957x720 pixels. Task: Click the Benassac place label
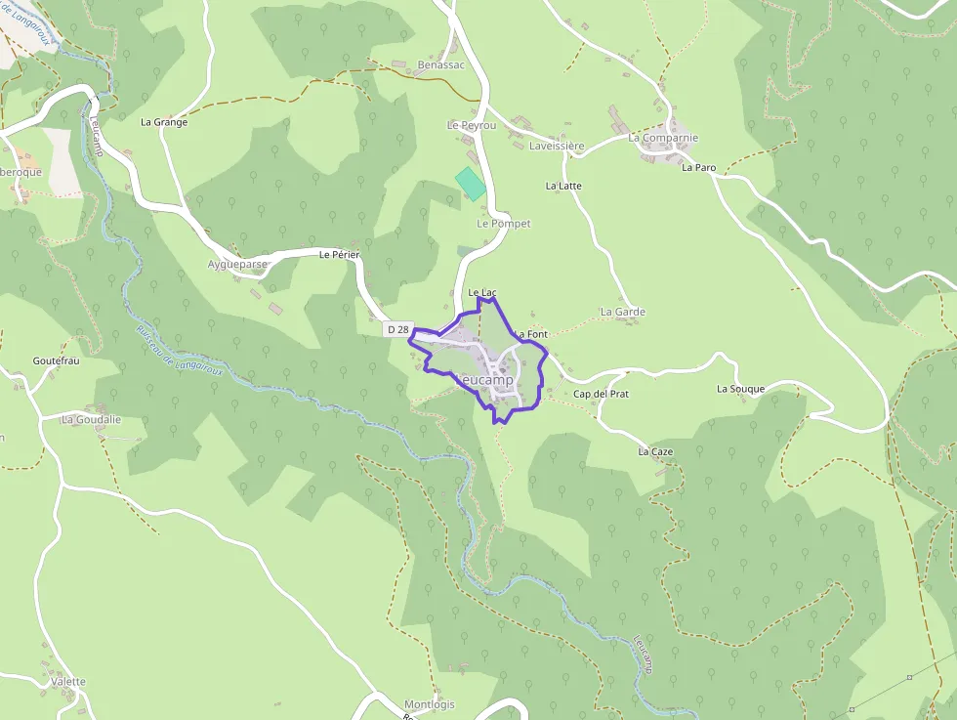440,64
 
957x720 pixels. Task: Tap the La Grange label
164,122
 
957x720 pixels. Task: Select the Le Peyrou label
472,126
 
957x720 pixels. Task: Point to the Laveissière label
556,147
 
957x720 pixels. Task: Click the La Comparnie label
663,138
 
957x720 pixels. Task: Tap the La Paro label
698,168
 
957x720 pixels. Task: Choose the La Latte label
563,186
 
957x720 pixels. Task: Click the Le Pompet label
503,224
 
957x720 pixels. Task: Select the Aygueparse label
237,264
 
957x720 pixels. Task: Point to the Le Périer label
340,255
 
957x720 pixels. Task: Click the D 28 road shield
397,330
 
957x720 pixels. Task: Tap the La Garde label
623,313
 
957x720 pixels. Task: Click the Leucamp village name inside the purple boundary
485,379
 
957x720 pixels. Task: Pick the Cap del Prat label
601,394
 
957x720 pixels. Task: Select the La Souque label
740,389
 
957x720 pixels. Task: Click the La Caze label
655,452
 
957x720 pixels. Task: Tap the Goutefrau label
56,360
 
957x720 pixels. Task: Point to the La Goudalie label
91,420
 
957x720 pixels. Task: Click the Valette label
68,682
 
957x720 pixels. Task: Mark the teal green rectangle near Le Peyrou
471,184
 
